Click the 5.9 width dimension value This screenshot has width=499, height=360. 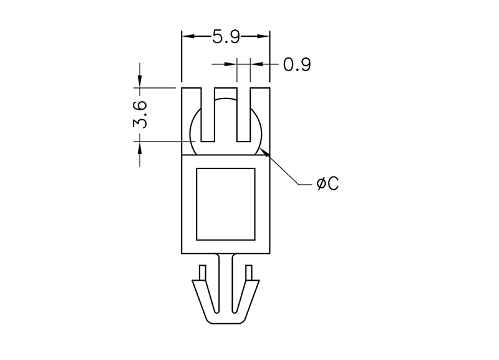(x=226, y=37)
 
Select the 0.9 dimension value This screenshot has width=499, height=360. (x=297, y=65)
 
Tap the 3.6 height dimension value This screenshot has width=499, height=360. (x=140, y=115)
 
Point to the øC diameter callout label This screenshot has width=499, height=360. (x=328, y=183)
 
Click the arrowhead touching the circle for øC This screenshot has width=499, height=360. (x=264, y=152)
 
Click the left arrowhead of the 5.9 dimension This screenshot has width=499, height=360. (x=188, y=36)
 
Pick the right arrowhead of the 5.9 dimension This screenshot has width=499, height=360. (x=263, y=36)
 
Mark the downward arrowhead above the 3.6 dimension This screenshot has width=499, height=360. (x=140, y=81)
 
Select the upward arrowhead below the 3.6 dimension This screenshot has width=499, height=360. (x=140, y=148)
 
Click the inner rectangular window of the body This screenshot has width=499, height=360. (x=226, y=204)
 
